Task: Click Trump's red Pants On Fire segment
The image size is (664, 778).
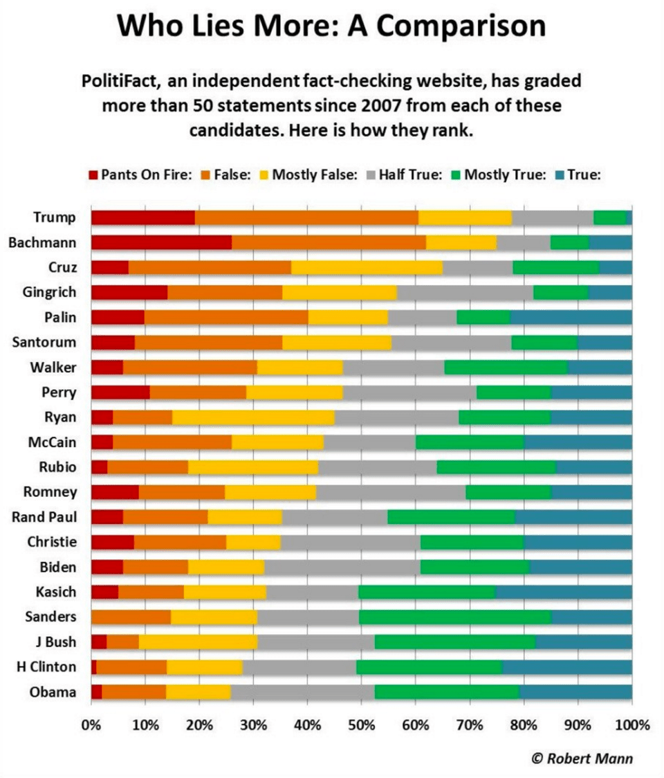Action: (x=142, y=217)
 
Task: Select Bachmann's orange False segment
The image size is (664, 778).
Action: (x=329, y=242)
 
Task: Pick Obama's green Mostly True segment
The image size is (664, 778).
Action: (x=447, y=691)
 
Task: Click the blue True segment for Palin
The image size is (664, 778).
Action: (x=571, y=317)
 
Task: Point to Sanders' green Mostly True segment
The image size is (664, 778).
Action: (x=454, y=617)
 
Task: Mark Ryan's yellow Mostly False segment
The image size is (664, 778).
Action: (x=253, y=417)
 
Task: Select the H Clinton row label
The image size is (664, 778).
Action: (x=47, y=667)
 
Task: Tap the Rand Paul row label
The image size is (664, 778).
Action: (x=44, y=517)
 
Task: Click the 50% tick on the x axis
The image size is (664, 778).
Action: (x=362, y=725)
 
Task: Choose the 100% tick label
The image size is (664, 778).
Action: (x=631, y=725)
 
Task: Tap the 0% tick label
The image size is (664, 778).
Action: (x=91, y=725)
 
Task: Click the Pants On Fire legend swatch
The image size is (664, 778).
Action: (x=94, y=174)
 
